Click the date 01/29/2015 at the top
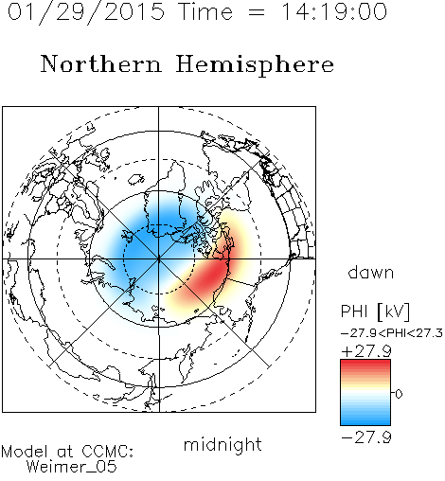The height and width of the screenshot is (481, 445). (x=86, y=12)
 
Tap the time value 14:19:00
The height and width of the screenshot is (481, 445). (x=333, y=11)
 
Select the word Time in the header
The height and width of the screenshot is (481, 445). (x=205, y=11)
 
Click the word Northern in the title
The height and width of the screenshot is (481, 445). (x=101, y=63)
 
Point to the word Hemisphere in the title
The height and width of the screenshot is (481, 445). (x=255, y=65)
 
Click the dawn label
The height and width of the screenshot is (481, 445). (x=371, y=272)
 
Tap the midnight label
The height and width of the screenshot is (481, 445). (x=222, y=445)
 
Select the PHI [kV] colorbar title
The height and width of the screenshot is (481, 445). (x=375, y=312)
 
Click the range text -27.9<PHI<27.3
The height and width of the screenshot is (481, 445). (x=392, y=333)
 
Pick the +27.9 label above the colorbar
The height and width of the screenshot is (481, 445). (x=366, y=351)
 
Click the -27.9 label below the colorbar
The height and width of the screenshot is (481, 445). (x=366, y=437)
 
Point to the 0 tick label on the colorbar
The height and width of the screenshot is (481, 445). (x=399, y=394)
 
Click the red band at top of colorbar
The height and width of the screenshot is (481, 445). (x=365, y=365)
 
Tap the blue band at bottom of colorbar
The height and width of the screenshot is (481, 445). (x=365, y=419)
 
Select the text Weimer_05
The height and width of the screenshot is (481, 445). (x=72, y=467)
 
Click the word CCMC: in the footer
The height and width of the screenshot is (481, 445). (x=108, y=452)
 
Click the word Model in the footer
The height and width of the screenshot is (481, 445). (x=26, y=452)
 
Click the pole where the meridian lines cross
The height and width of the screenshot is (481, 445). (x=159, y=258)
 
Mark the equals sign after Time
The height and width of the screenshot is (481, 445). (x=257, y=12)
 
